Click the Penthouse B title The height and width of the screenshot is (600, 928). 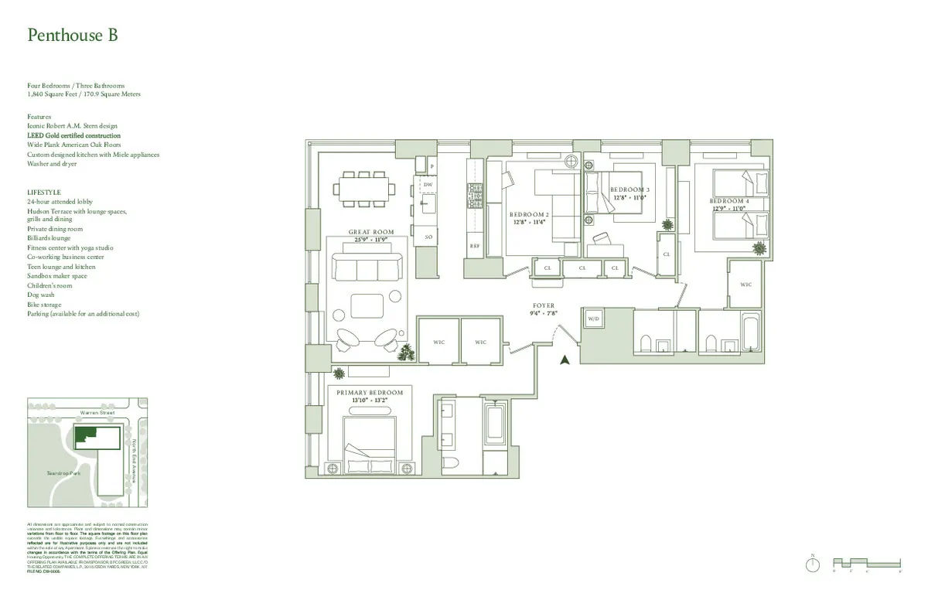(x=73, y=36)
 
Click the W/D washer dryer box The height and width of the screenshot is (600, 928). (x=594, y=319)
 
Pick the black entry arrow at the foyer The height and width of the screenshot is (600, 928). (x=565, y=359)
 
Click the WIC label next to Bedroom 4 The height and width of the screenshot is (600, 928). (x=745, y=285)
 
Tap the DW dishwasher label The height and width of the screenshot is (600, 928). (x=428, y=186)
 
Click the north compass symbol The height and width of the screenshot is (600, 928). (x=812, y=564)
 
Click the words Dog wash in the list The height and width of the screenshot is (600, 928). (x=41, y=295)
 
